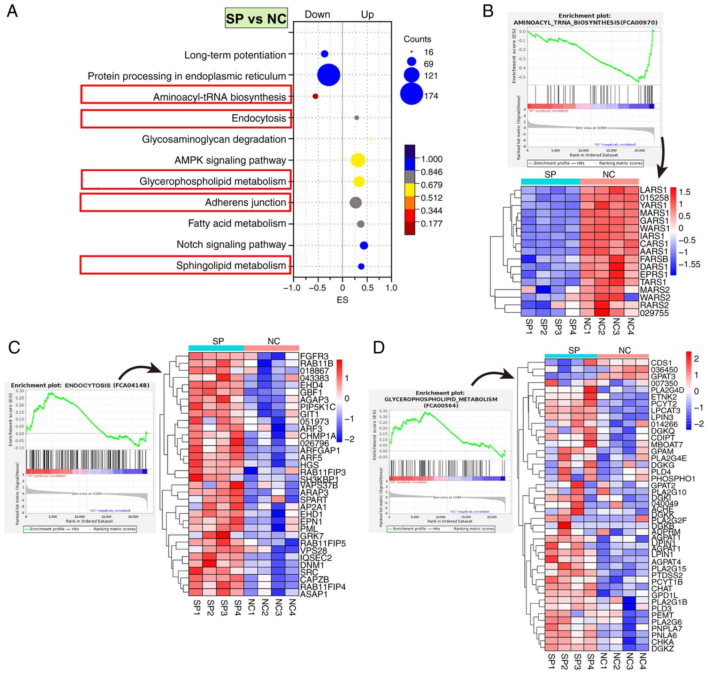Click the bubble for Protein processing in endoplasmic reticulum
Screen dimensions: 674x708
[328, 75]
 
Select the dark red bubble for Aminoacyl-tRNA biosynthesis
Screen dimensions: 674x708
[315, 96]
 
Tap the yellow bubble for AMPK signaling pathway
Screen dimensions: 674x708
[358, 160]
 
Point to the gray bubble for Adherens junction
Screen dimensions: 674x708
[355, 202]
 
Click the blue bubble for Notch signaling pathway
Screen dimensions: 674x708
[363, 245]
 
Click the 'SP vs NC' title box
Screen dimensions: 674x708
[256, 18]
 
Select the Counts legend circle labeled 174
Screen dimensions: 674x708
[411, 94]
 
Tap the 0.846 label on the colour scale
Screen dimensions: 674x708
[431, 172]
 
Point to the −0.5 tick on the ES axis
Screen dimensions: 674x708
[317, 288]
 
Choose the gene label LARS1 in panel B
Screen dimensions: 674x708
[653, 190]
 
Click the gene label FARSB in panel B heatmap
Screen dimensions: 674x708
[653, 259]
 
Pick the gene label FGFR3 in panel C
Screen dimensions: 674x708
[314, 356]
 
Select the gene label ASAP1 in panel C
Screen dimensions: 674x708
[314, 594]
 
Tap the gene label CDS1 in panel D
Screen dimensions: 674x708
[661, 363]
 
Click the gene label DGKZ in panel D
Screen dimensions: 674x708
[662, 649]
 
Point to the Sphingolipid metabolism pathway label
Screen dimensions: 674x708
[231, 266]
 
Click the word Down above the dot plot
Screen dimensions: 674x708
[317, 14]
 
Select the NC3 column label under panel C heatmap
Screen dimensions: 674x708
[278, 607]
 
